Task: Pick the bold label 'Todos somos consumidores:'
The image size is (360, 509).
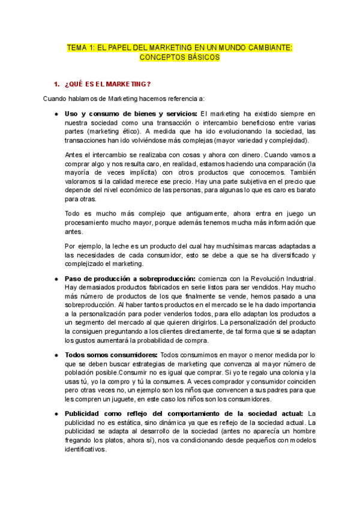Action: (x=111, y=355)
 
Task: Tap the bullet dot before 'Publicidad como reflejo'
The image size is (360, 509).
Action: (x=56, y=413)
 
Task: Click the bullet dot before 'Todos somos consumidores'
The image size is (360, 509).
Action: (x=56, y=355)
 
